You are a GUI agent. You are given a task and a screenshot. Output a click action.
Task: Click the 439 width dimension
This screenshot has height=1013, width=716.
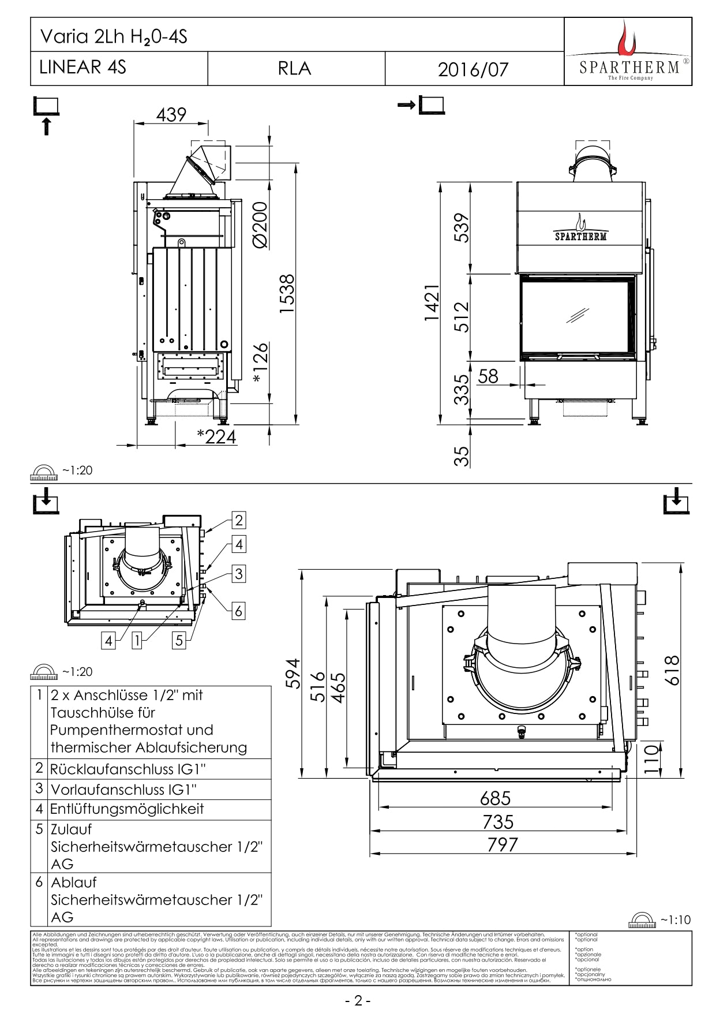click(x=171, y=114)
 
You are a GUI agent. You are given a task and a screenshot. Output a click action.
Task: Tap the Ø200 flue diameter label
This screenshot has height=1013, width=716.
click(x=260, y=225)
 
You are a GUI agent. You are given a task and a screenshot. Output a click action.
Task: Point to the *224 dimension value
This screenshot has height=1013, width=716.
click(x=216, y=436)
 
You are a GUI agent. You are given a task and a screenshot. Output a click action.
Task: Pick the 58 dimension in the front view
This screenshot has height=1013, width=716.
click(x=488, y=376)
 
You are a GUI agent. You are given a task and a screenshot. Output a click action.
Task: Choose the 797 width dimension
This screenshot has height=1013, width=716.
click(x=503, y=844)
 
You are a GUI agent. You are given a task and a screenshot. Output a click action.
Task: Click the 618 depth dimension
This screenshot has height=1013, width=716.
click(x=672, y=670)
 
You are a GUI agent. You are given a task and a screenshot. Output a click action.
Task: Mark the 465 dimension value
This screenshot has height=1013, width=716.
click(x=338, y=686)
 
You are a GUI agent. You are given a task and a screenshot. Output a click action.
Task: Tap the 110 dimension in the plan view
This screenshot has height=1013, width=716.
click(x=651, y=759)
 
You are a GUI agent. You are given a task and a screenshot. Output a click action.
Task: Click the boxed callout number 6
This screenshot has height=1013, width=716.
click(x=238, y=611)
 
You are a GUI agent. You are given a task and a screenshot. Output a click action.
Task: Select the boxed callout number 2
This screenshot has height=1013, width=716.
click(x=239, y=520)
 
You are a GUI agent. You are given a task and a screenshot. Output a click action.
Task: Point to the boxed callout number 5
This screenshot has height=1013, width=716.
click(x=179, y=640)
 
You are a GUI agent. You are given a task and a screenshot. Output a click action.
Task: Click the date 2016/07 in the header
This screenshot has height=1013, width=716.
click(x=473, y=69)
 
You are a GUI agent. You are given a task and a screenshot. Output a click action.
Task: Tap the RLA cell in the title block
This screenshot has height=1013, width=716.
click(x=294, y=68)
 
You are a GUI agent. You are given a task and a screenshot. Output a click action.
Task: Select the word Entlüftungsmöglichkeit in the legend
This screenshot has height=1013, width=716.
click(x=127, y=809)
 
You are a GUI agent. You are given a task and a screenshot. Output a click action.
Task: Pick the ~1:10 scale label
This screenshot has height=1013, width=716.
click(x=675, y=919)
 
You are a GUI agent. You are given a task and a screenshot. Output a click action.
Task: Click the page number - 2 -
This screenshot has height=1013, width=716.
click(x=358, y=1000)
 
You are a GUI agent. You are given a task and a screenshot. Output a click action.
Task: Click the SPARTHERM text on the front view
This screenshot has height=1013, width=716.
click(x=581, y=236)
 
